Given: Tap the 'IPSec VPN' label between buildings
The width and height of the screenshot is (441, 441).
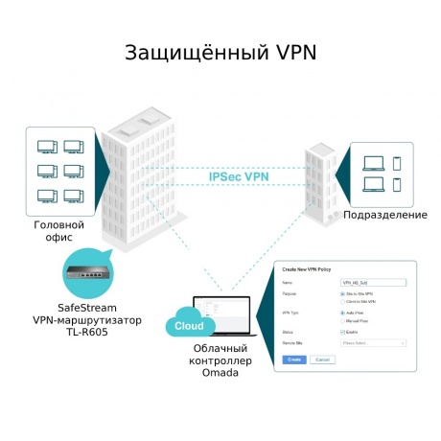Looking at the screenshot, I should pyautogui.click(x=239, y=177).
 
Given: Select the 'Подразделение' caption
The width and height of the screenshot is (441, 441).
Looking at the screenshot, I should pyautogui.click(x=385, y=214).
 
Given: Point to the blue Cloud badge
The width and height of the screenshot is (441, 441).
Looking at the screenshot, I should pyautogui.click(x=183, y=326).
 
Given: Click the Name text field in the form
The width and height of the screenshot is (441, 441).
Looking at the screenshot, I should pyautogui.click(x=374, y=283).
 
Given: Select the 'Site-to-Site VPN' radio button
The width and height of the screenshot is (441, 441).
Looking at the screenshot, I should pyautogui.click(x=343, y=293).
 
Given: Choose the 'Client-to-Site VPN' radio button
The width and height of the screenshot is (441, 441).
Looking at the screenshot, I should pyautogui.click(x=343, y=301).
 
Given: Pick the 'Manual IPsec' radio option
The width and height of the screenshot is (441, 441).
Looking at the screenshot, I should pyautogui.click(x=343, y=320).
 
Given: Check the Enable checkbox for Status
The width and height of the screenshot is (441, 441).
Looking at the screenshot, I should pyautogui.click(x=343, y=332).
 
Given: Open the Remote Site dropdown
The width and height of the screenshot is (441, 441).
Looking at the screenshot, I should pyautogui.click(x=374, y=342).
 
